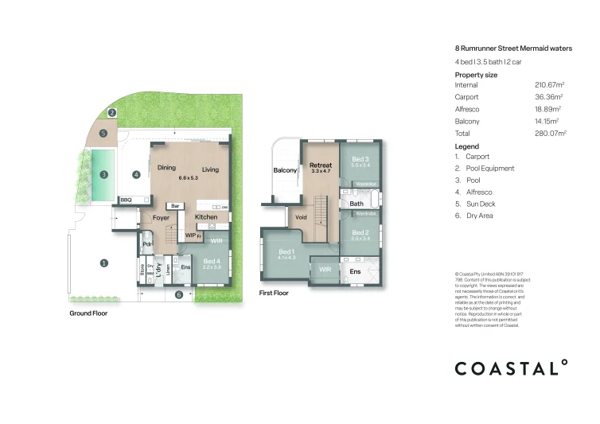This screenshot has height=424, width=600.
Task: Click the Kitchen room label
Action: pyautogui.click(x=206, y=216)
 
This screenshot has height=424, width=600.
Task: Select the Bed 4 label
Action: pyautogui.click(x=212, y=261)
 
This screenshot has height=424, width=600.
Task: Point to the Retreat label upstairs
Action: pyautogui.click(x=320, y=165)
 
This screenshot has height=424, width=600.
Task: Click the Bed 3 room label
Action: pyautogui.click(x=361, y=159)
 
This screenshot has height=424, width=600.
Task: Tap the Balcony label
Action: pyautogui.click(x=285, y=170)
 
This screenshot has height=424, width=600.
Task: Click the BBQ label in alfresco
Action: pyautogui.click(x=126, y=199)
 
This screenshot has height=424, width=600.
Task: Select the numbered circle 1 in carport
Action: pyautogui.click(x=103, y=263)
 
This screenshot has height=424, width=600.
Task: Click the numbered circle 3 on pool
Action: pyautogui.click(x=103, y=174)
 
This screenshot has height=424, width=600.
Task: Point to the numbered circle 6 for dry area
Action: pyautogui.click(x=178, y=294)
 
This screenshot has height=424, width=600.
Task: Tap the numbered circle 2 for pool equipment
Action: pyautogui.click(x=112, y=113)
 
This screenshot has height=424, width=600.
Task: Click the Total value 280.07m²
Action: pyautogui.click(x=550, y=134)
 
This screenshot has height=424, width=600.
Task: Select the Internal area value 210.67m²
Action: pyautogui.click(x=550, y=84)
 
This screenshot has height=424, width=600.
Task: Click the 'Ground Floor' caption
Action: pyautogui.click(x=88, y=313)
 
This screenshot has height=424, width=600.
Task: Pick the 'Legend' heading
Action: pyautogui.click(x=466, y=146)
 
